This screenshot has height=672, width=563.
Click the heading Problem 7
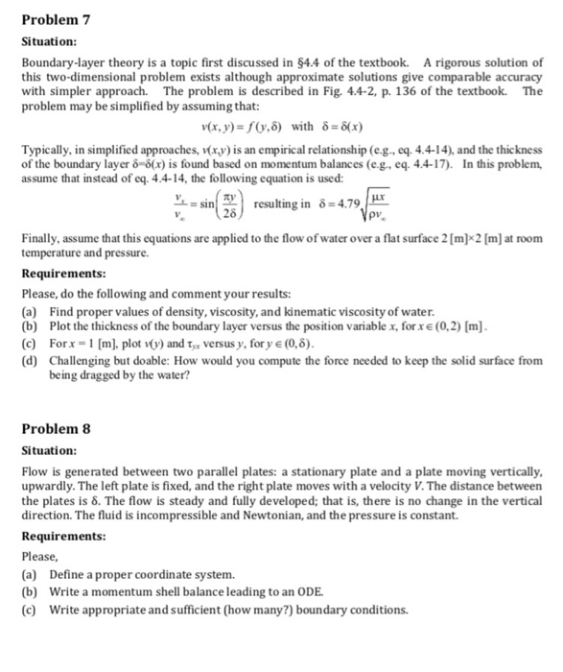(x=58, y=16)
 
